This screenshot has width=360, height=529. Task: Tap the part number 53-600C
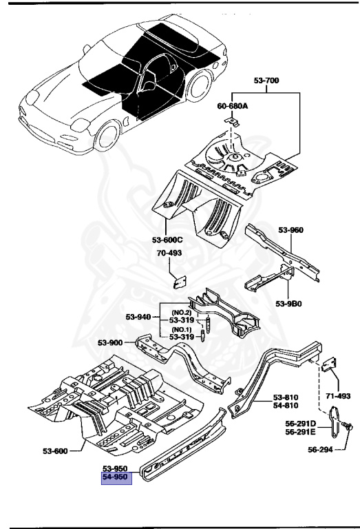click(167, 240)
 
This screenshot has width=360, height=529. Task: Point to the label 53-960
click(290, 230)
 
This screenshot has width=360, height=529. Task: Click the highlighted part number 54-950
click(114, 477)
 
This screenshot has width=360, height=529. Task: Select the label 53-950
click(114, 468)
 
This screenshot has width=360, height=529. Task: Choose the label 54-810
click(286, 407)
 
